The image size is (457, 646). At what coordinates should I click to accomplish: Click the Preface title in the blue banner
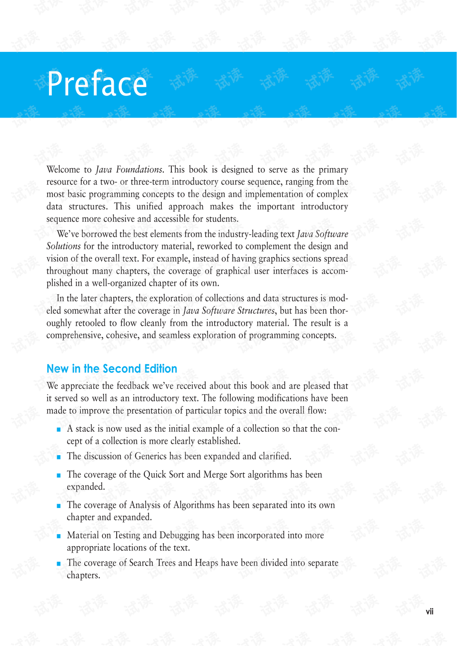[98, 84]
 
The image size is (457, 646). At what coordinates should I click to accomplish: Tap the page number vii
[429, 612]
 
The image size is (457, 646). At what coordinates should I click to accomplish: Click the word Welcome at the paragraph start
[63, 169]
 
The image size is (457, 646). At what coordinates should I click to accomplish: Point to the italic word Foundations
[139, 169]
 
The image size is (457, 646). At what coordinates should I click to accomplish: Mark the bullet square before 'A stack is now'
[59, 429]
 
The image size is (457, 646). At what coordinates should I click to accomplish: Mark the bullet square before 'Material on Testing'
[59, 536]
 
